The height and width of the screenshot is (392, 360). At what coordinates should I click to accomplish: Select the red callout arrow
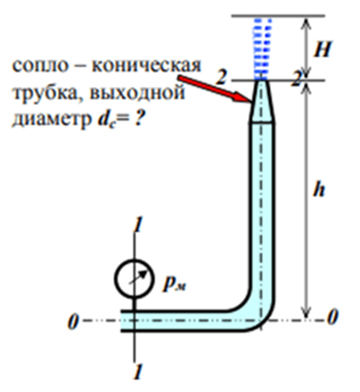tap(214, 89)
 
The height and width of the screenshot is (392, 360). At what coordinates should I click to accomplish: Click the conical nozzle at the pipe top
tap(262, 101)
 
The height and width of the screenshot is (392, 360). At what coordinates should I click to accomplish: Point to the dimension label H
tap(322, 49)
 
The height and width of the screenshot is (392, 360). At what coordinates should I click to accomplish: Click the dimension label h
tap(319, 189)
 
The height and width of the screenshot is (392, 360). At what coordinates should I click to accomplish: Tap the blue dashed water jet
tap(263, 49)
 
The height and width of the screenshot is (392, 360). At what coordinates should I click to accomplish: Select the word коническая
tap(147, 66)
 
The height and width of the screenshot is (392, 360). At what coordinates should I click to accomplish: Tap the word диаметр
tap(51, 120)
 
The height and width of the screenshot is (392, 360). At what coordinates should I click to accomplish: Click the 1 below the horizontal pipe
tap(138, 371)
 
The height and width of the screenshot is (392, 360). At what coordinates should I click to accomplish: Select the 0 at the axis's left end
tap(73, 321)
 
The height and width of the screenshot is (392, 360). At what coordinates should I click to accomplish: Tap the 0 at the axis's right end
tap(332, 317)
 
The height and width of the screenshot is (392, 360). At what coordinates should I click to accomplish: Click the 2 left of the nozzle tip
tap(221, 76)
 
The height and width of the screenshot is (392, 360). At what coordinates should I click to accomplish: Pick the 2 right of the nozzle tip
tap(297, 79)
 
